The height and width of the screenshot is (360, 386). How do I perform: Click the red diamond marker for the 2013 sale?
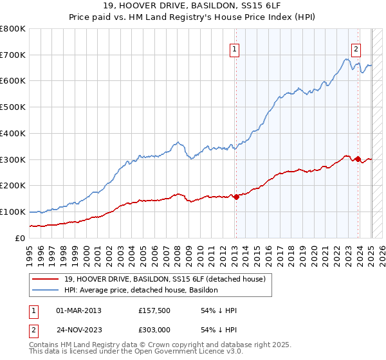[x=236, y=197]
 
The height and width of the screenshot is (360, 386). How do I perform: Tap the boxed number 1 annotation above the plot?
[x=234, y=48]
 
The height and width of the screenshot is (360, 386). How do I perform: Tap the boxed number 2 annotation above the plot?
[x=356, y=48]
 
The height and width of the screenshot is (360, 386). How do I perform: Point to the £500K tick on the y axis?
[x=13, y=107]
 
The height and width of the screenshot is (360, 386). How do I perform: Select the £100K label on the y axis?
[x=13, y=212]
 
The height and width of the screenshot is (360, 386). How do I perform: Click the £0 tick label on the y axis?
[x=20, y=238]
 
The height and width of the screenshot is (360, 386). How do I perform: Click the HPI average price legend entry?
[x=141, y=291]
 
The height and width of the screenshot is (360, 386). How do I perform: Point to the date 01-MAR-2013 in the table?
[x=78, y=310]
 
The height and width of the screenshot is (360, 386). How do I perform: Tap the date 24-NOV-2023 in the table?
[x=79, y=328]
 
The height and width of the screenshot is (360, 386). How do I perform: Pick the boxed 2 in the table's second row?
[x=34, y=328]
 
